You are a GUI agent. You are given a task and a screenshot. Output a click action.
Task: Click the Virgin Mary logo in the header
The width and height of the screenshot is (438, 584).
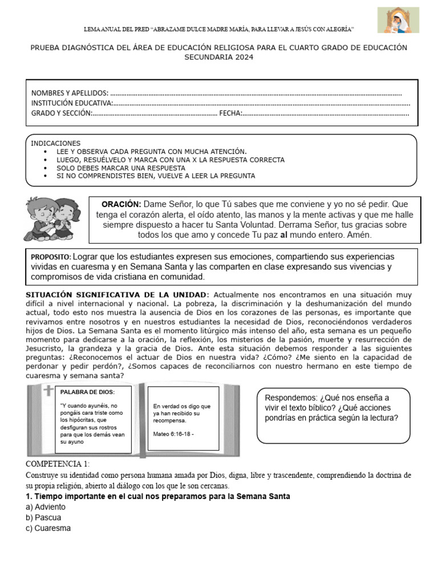(398, 21)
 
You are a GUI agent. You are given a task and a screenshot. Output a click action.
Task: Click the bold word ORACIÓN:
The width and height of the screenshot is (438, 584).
(121, 204)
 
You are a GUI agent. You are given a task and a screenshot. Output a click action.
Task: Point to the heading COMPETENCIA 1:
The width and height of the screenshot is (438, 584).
(58, 464)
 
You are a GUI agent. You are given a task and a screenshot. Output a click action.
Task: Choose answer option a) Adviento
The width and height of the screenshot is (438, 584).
(46, 507)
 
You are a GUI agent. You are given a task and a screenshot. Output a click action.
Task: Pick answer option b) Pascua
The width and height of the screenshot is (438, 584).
(43, 518)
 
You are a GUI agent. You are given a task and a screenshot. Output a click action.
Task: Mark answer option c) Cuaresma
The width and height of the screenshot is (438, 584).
(48, 528)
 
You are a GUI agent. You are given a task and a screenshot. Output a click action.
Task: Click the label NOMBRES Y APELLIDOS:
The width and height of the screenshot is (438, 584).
(70, 93)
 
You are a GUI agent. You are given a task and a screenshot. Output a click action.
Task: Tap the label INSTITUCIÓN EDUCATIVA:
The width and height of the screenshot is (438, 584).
(72, 103)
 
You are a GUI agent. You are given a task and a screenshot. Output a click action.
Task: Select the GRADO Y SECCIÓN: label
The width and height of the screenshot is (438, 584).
(62, 113)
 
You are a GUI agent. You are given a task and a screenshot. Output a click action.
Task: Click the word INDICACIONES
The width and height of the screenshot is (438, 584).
(56, 143)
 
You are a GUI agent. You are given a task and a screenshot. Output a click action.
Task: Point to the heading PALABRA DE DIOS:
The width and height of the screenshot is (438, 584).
(87, 392)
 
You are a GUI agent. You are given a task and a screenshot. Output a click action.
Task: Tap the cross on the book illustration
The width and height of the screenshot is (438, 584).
(48, 392)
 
